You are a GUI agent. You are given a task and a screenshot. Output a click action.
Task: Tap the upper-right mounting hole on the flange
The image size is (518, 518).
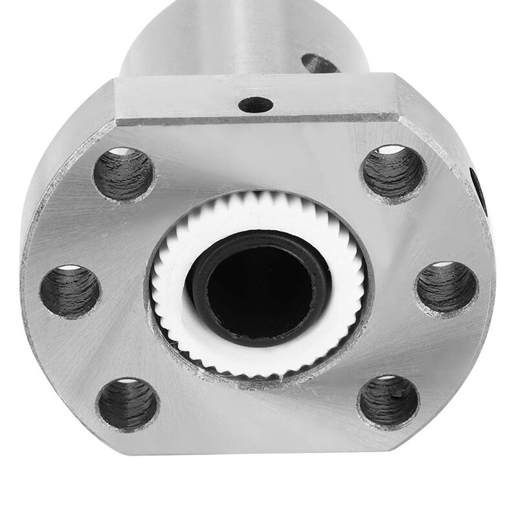coord(393,173)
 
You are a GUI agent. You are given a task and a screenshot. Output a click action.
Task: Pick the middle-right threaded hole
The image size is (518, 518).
coord(447,287)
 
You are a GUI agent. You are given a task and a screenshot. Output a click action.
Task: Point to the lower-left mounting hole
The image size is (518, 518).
coord(128,405)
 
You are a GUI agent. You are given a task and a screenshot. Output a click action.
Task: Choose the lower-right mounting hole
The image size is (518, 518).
coord(388,401)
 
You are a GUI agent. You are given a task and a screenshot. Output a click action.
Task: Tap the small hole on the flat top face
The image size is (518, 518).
coord(255,104)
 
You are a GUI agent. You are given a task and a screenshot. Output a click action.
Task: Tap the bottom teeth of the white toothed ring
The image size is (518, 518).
coord(259,369)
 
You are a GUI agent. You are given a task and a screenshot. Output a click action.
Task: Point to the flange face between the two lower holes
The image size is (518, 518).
coord(259,427)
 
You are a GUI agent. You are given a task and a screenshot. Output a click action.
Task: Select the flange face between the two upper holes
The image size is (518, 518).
coord(259,155)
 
